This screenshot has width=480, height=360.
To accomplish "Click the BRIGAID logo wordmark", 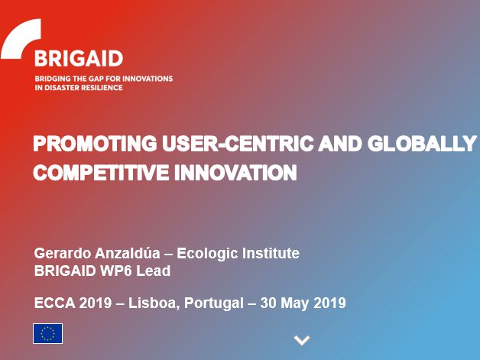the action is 79,58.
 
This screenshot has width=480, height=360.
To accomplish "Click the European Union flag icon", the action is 47,334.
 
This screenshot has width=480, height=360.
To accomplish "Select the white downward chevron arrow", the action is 302,340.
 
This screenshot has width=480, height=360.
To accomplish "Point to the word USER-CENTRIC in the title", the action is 238,144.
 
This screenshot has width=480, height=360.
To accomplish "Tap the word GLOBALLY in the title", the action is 422,144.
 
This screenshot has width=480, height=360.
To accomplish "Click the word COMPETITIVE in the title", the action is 101,173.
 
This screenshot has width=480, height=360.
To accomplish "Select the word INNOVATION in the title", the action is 235,173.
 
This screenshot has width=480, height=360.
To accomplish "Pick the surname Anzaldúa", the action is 128,254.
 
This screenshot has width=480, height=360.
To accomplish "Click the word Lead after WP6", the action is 153,271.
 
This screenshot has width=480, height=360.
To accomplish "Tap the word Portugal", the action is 214,303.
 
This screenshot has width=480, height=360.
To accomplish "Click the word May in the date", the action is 294,303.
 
